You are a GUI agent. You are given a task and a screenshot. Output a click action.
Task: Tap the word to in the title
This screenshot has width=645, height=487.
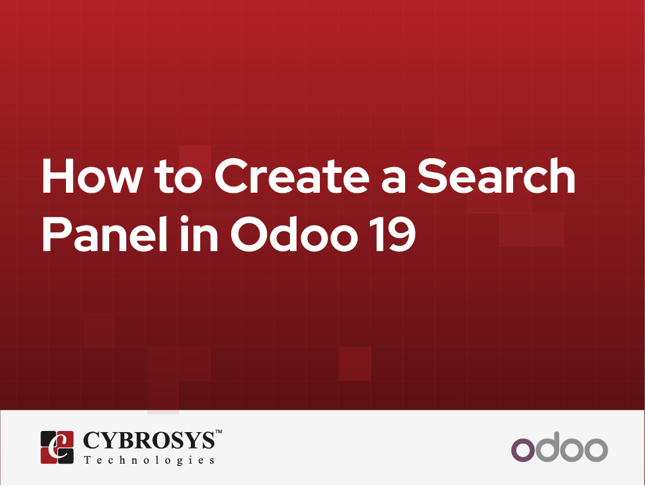click(x=179, y=177)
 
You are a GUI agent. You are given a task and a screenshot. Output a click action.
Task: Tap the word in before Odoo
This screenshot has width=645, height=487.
click(x=199, y=233)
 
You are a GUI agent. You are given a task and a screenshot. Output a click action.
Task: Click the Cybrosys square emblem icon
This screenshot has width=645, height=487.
click(x=57, y=447)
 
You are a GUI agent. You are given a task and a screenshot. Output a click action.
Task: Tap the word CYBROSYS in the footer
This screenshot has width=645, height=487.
click(x=149, y=440)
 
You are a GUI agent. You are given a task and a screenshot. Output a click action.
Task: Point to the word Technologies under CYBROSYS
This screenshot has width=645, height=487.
click(x=149, y=460)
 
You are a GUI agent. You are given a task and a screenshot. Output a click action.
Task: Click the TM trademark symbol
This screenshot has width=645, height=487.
click(x=219, y=432)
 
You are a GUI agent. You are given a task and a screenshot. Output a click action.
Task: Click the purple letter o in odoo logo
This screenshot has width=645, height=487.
click(x=523, y=450)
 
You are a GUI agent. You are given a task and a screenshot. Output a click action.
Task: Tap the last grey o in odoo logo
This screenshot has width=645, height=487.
click(x=596, y=450)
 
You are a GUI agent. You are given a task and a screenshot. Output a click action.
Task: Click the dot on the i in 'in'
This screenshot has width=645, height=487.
click(x=184, y=220)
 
